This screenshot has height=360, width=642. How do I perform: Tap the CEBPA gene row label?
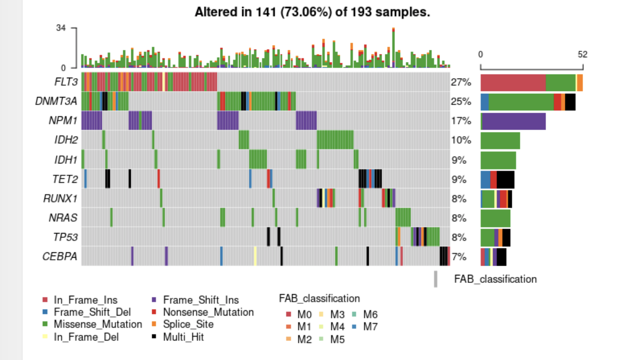[60, 257]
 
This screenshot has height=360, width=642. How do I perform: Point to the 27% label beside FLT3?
[461, 82]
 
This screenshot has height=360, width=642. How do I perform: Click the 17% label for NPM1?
[461, 121]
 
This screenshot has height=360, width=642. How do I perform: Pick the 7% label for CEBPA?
[459, 257]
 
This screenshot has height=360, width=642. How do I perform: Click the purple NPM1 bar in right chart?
[514, 121]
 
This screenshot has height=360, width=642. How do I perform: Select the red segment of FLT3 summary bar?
[513, 82]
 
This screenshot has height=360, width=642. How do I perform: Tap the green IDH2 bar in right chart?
[500, 140]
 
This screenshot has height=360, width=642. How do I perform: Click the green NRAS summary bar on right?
[495, 218]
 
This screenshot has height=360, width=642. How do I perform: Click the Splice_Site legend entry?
[188, 324]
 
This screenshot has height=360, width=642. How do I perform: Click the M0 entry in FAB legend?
[302, 314]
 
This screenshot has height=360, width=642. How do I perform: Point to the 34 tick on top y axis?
[61, 28]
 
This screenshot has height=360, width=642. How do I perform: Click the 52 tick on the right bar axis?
[583, 55]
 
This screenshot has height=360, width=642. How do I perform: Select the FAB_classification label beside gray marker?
[495, 279]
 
